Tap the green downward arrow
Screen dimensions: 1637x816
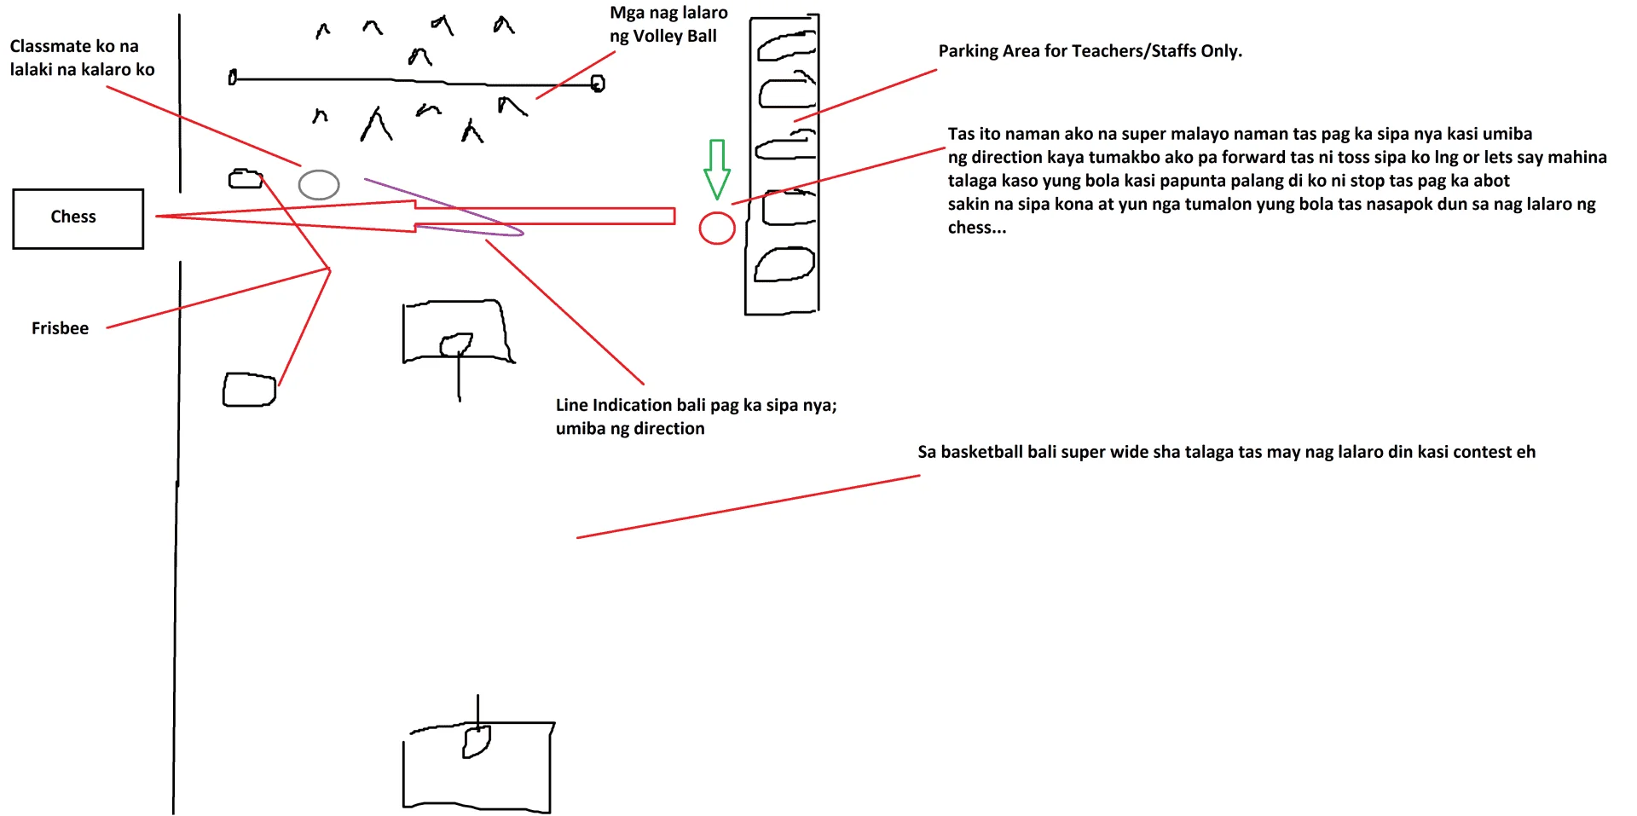pyautogui.click(x=717, y=170)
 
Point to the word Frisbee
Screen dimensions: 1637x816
pyautogui.click(x=60, y=328)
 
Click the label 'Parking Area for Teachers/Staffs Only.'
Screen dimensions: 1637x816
pyautogui.click(x=1090, y=51)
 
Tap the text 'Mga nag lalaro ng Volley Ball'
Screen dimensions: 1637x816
pyautogui.click(x=668, y=24)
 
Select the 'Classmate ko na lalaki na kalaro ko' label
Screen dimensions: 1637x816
pyautogui.click(x=82, y=58)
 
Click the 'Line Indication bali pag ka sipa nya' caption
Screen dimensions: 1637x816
pyautogui.click(x=696, y=405)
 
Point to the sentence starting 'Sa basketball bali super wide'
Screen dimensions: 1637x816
pyautogui.click(x=1226, y=452)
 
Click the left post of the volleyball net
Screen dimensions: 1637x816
pyautogui.click(x=232, y=78)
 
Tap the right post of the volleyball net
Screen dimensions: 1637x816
pyautogui.click(x=598, y=84)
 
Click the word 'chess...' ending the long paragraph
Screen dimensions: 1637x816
pyautogui.click(x=976, y=228)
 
